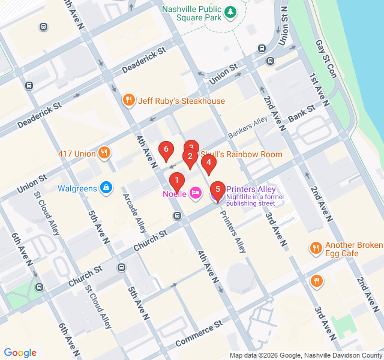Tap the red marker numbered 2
[190, 158]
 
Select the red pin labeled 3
[191, 148]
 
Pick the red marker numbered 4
[208, 163]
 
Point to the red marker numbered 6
[166, 150]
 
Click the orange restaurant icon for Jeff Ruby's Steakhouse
[128, 101]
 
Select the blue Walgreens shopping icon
[106, 188]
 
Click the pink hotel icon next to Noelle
[195, 193]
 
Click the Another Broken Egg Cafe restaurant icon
[316, 248]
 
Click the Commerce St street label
[199, 334]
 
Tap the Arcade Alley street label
[134, 212]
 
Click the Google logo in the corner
[20, 353]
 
